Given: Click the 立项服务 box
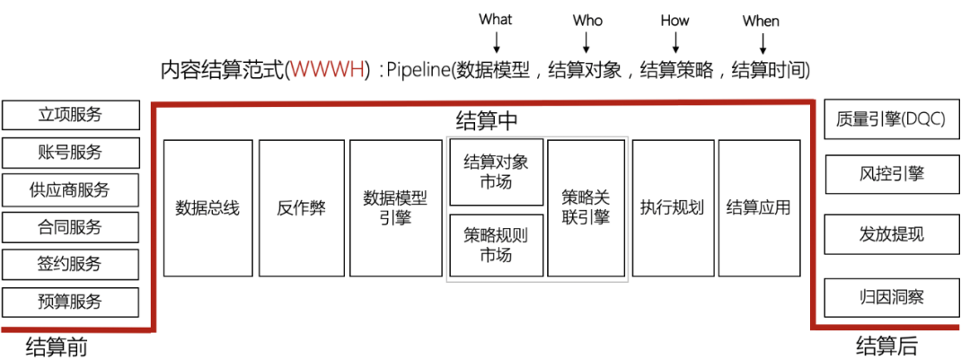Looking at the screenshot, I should [x=71, y=115].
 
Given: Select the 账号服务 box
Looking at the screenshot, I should [x=71, y=153].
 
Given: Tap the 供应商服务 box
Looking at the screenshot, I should [x=71, y=189].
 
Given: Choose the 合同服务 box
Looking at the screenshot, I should [x=71, y=227].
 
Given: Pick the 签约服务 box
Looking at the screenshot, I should [x=71, y=264].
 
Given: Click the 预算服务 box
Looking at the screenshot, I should [x=71, y=302].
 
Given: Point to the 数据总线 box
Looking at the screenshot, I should [x=207, y=208].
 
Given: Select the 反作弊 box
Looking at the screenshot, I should [x=301, y=208].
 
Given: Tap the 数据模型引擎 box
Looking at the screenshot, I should [x=394, y=208].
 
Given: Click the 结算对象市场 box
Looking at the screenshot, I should [x=497, y=171].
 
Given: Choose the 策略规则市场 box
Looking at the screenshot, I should [x=497, y=245].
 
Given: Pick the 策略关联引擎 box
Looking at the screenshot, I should [x=586, y=207].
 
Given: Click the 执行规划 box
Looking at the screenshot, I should [x=672, y=208].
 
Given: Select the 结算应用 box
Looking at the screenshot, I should [x=759, y=208].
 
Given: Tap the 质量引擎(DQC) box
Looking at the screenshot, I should [x=889, y=119].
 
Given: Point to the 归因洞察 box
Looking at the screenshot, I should [x=889, y=296].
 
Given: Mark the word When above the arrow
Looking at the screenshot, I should [x=761, y=20].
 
